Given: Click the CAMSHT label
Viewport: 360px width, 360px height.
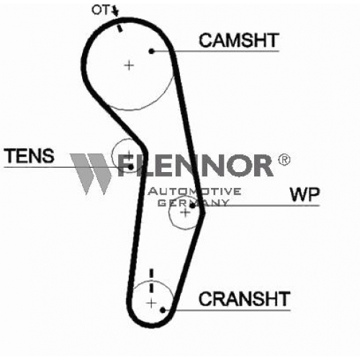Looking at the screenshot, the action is (239, 40).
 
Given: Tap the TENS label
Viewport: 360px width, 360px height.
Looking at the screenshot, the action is (29, 156).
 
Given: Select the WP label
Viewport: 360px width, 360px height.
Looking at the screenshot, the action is (305, 194).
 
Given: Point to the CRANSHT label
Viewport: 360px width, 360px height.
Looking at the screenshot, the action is (245, 299).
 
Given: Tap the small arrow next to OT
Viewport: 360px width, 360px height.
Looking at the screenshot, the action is (116, 12).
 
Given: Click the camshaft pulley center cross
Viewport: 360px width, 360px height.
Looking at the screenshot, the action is (129, 66).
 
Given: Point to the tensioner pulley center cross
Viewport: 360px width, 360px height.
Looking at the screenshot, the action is (129, 155).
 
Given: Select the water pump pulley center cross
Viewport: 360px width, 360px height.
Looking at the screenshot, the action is (185, 212).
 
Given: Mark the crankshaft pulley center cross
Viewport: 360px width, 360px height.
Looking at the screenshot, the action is (151, 303).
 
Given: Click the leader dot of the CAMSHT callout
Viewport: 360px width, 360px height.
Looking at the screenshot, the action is (151, 51).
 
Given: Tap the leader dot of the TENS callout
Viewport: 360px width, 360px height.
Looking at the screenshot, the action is (130, 167).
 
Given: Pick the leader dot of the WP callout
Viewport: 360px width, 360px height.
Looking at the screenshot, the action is (192, 206).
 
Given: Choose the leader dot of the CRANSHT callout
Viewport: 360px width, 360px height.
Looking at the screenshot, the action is (163, 310).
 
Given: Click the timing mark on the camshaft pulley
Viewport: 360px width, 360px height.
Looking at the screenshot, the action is (120, 28).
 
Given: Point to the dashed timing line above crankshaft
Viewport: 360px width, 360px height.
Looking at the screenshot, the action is (151, 280).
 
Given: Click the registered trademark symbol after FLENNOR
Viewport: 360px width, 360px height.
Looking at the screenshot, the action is (284, 160).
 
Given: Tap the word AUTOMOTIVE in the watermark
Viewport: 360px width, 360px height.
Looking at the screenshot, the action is (195, 192).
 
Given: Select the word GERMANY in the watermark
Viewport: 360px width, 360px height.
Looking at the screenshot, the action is (193, 203).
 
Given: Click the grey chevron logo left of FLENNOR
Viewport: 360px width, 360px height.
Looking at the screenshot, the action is (91, 174).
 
